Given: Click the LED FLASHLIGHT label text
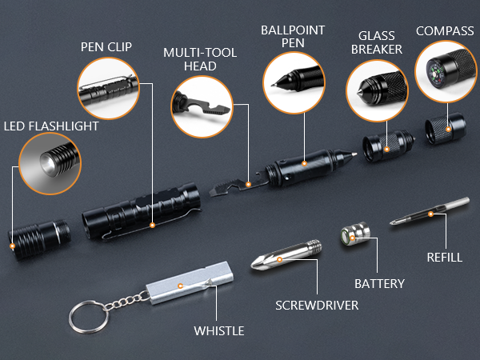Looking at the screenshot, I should pos(51,126).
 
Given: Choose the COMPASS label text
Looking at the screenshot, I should pos(445,31).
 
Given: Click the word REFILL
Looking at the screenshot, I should pos(444,258).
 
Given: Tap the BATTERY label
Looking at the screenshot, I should pos(379,283).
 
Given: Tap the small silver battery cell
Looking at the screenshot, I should pos(355,237).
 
